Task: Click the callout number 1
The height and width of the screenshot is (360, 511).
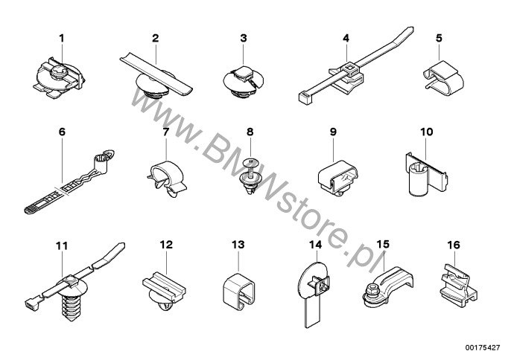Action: point(62,39)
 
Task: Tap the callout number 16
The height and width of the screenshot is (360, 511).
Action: point(454,245)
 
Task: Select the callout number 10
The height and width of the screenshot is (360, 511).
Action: point(427,132)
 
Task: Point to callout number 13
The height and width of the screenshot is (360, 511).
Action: point(238,245)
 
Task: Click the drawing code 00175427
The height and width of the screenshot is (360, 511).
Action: point(483,348)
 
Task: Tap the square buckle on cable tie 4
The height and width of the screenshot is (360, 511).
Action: point(349,68)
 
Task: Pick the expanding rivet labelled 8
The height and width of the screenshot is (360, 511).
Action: point(250,177)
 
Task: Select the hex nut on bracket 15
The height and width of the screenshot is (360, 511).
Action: point(372,288)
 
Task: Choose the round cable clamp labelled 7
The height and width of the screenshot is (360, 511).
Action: point(167,176)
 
